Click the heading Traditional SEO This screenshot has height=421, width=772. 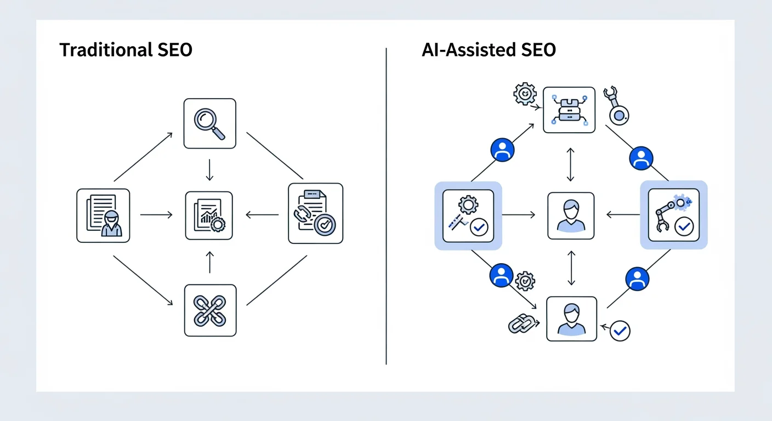(x=126, y=50)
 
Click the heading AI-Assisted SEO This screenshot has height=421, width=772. (x=489, y=50)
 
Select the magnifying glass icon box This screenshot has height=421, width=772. (x=209, y=123)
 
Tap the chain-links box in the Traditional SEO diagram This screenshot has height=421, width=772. (x=210, y=310)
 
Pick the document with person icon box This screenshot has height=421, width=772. (x=103, y=215)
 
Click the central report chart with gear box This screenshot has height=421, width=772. (x=209, y=215)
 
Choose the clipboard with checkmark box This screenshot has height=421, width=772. (x=315, y=213)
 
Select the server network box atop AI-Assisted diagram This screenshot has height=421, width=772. (x=569, y=110)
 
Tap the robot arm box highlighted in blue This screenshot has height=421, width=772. (x=673, y=215)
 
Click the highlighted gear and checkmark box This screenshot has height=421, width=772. (x=468, y=215)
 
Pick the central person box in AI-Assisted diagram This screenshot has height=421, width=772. (x=571, y=215)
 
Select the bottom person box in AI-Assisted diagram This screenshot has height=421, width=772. (x=571, y=318)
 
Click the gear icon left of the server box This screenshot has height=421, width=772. (x=525, y=94)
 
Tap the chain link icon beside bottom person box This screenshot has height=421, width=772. (x=521, y=323)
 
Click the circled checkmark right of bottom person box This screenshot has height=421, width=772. (x=620, y=331)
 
